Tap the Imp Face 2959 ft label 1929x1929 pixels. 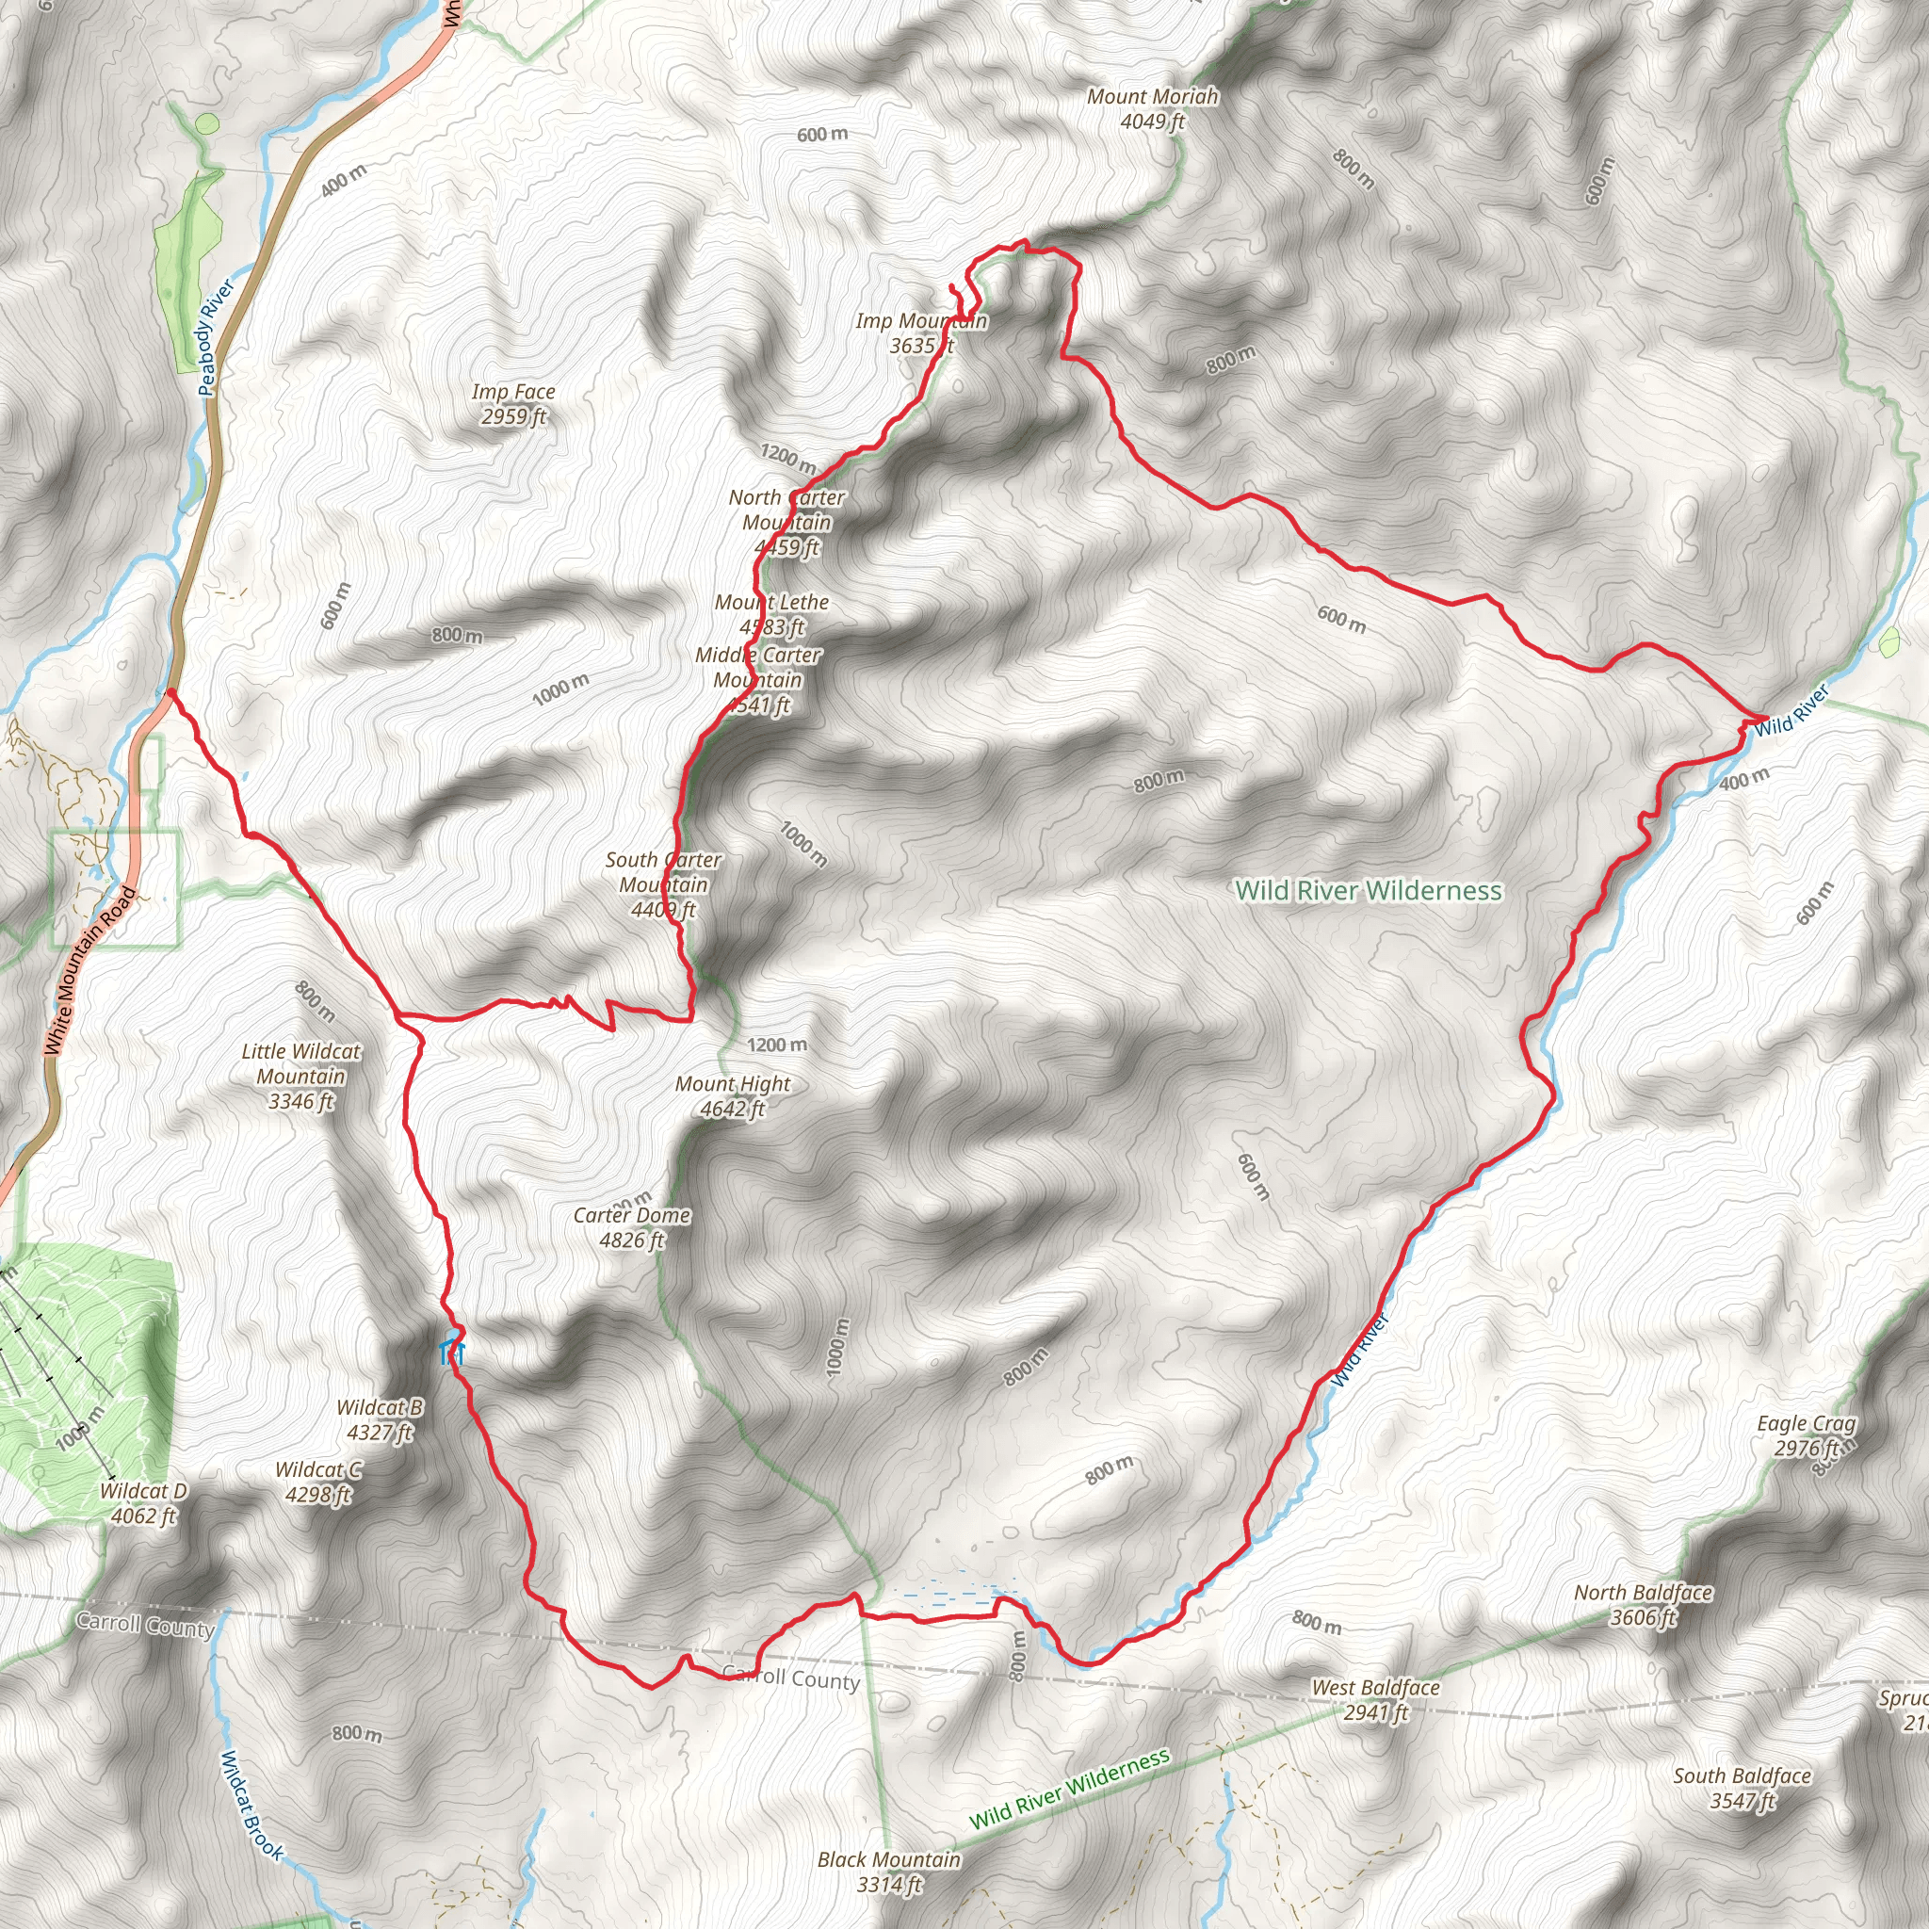click(x=513, y=404)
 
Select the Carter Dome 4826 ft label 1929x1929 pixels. click(x=631, y=1227)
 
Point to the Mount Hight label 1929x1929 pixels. click(x=732, y=1095)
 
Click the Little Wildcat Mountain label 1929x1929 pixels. click(x=300, y=1076)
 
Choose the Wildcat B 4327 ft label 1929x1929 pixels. click(x=380, y=1418)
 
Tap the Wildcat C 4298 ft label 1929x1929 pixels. click(x=318, y=1482)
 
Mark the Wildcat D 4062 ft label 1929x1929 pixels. click(x=143, y=1502)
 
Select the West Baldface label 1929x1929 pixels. click(x=1375, y=1699)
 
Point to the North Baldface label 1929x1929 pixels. click(x=1643, y=1604)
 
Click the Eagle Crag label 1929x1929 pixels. click(x=1807, y=1435)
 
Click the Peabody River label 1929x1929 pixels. click(x=216, y=337)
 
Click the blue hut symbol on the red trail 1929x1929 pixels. click(x=452, y=1353)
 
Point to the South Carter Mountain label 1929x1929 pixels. click(x=662, y=884)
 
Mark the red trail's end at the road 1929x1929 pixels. click(x=170, y=691)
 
